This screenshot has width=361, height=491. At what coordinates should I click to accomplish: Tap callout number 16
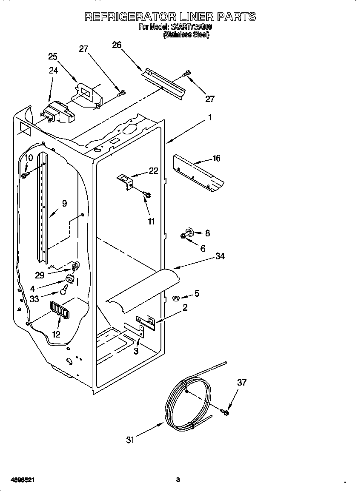point(216,158)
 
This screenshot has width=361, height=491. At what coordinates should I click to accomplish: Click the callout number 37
point(242,383)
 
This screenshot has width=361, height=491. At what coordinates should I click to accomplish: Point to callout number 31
point(130,440)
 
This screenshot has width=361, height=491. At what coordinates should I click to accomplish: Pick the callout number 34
point(220,256)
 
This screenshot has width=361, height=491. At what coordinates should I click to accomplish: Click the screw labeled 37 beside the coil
point(225,412)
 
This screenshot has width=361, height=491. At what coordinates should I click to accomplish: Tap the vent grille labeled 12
point(59,309)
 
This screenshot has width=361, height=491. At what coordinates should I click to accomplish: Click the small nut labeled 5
point(175,298)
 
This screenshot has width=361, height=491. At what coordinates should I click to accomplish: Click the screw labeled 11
point(147,195)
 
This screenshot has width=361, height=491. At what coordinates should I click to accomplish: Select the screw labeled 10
point(25,175)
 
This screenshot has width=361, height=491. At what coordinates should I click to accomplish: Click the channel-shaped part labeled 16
point(198,173)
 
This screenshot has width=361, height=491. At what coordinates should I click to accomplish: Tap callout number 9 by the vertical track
point(64,204)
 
